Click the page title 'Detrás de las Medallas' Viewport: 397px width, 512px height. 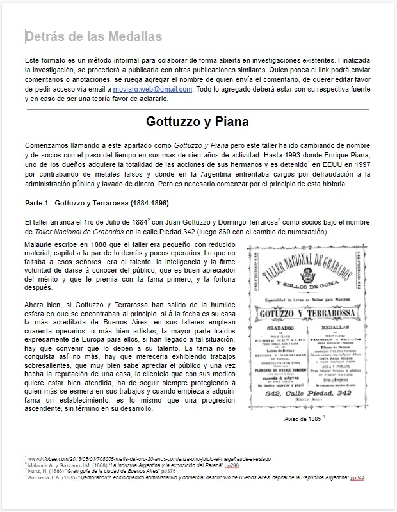[x=93, y=36]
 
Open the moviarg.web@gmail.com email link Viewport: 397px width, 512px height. [x=157, y=90]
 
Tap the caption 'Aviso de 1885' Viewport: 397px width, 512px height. [x=297, y=419]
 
